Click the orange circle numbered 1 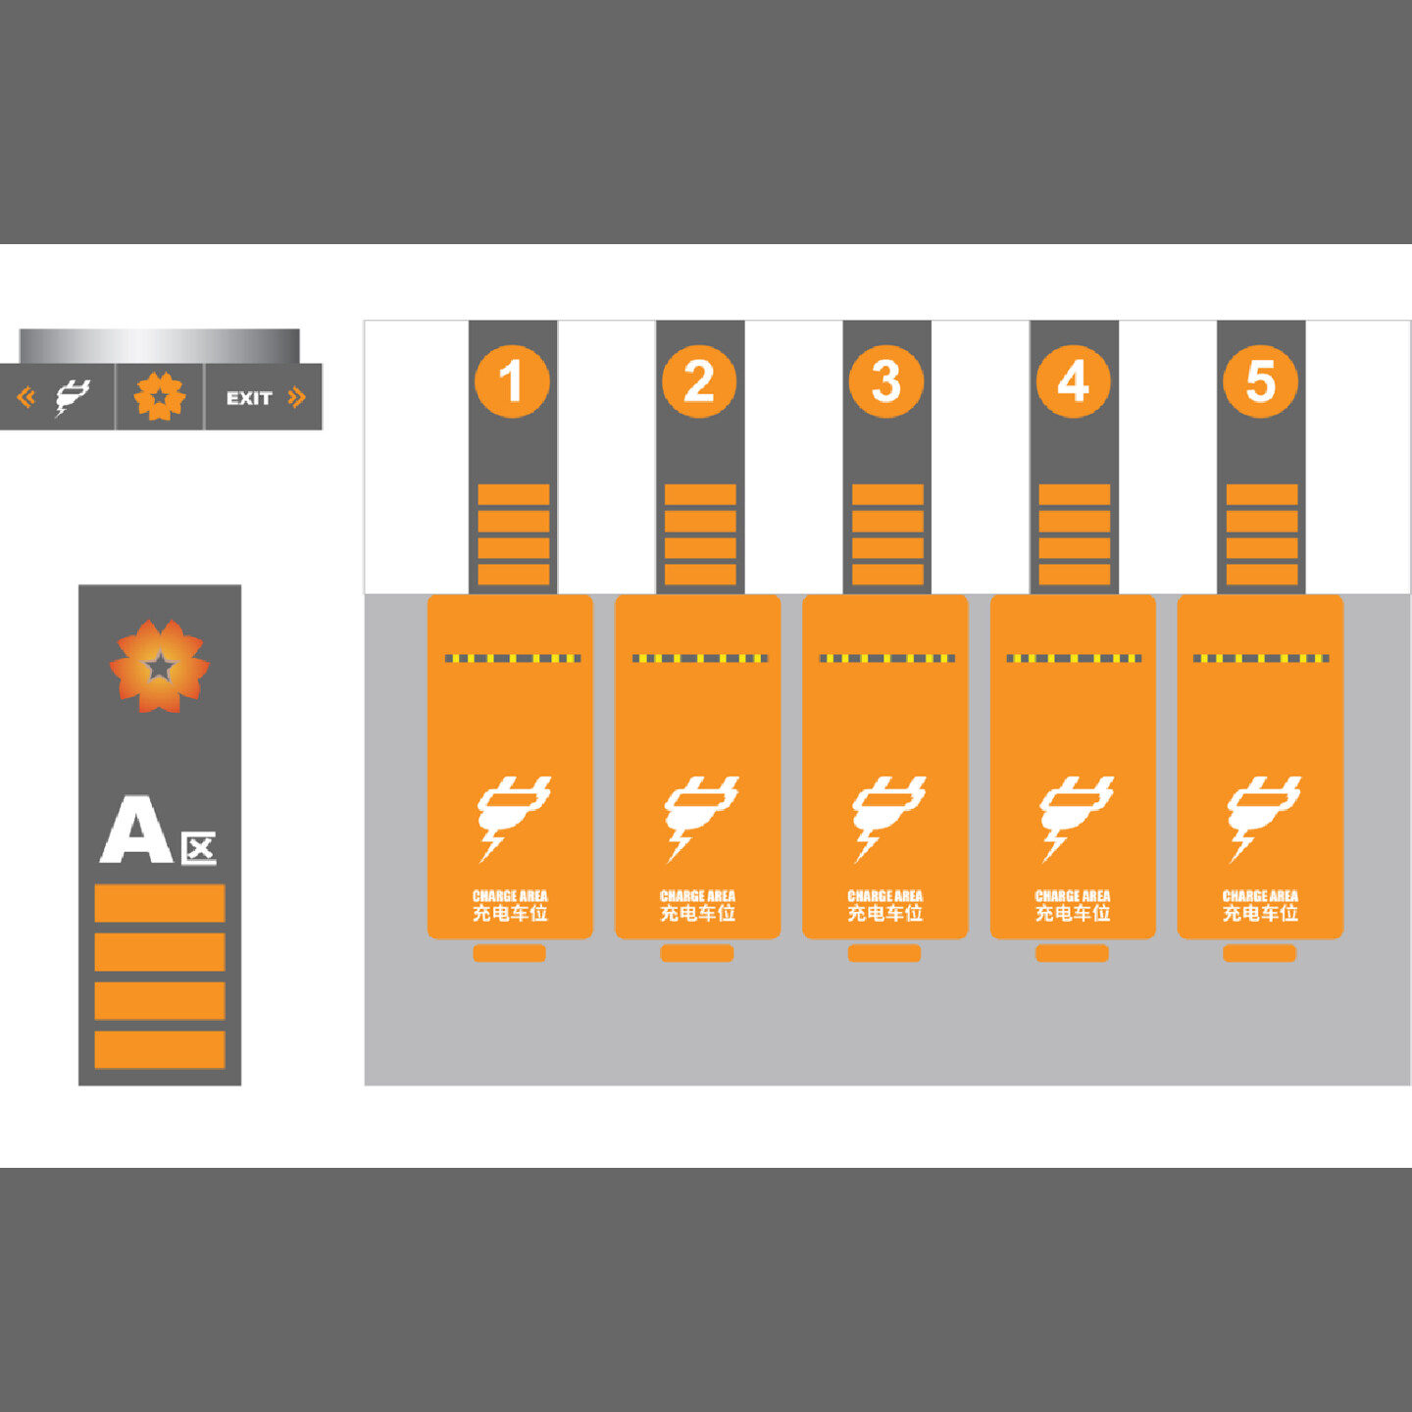[512, 381]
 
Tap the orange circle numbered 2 [699, 381]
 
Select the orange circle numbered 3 [886, 381]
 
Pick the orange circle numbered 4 [1074, 381]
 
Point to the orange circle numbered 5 [1261, 381]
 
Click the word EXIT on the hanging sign [249, 398]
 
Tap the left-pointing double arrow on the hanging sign [26, 397]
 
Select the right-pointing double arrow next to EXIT [296, 397]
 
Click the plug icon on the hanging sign [72, 397]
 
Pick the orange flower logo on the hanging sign [160, 397]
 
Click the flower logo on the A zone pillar [159, 667]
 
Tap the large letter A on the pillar [136, 831]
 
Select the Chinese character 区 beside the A [199, 848]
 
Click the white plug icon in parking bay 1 [513, 817]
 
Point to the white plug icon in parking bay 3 [887, 817]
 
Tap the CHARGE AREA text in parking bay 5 [1260, 895]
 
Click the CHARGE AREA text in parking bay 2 [697, 895]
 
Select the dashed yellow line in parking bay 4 [1074, 658]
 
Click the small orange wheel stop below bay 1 [510, 953]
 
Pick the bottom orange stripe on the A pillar [160, 1049]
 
